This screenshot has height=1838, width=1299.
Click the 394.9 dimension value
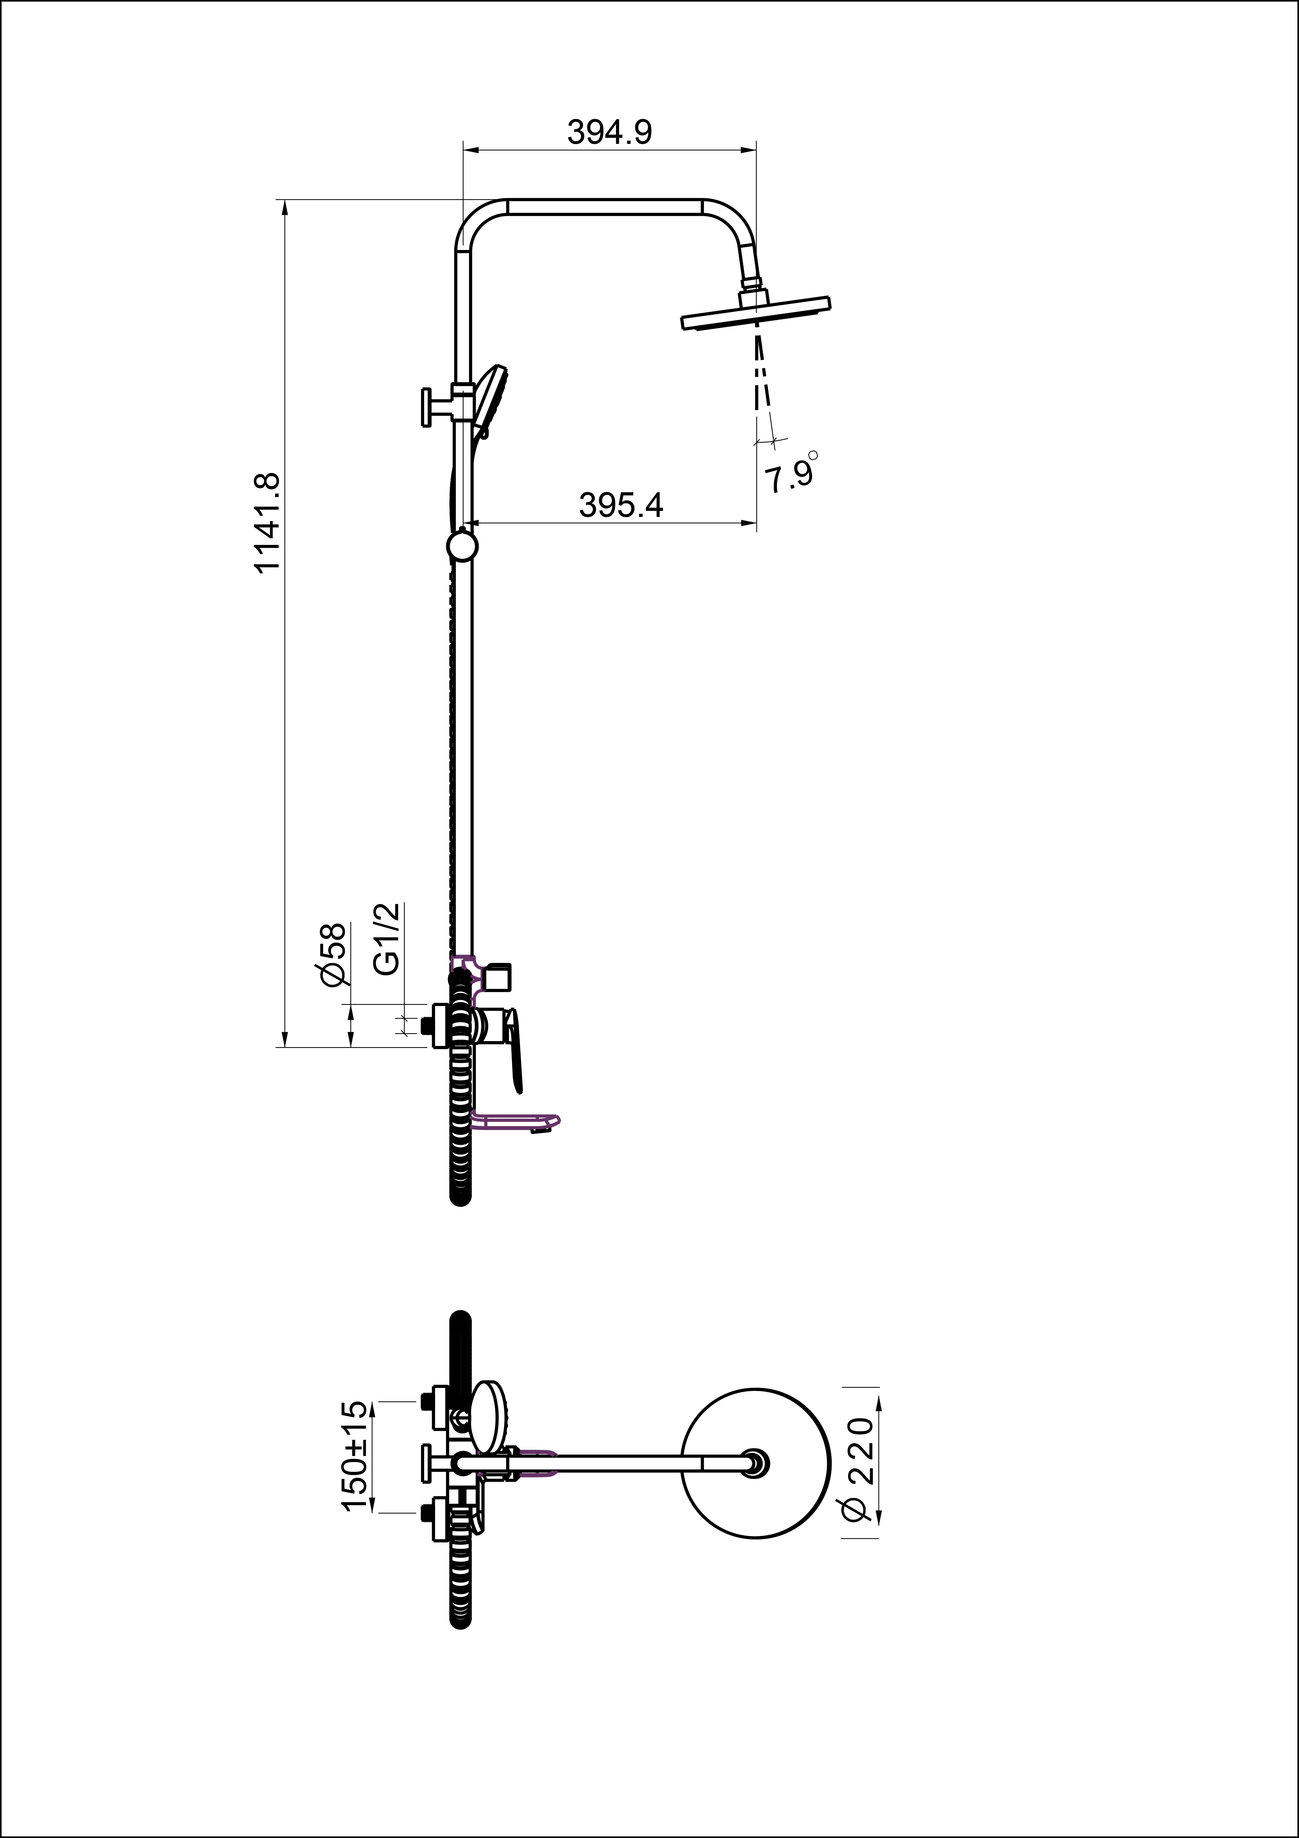(609, 131)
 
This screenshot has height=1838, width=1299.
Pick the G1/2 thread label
(387, 938)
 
